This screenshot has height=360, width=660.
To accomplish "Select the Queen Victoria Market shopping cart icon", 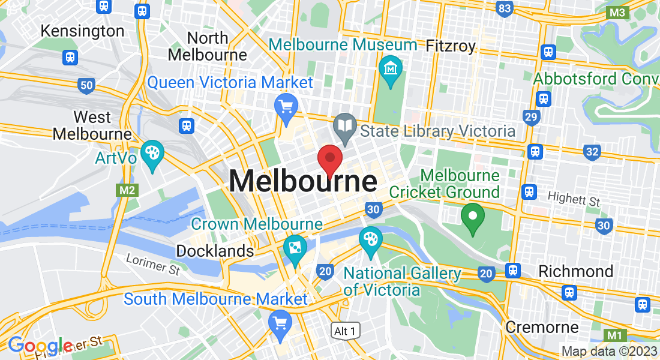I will pyautogui.click(x=286, y=106).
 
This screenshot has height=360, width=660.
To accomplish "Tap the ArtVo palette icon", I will pyautogui.click(x=152, y=154).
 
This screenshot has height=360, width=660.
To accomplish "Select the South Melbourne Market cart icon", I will pyautogui.click(x=280, y=323).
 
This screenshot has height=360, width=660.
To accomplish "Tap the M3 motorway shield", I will pyautogui.click(x=617, y=13).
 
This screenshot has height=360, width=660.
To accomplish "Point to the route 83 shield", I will pyautogui.click(x=505, y=8).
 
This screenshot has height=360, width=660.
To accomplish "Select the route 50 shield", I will pyautogui.click(x=86, y=85).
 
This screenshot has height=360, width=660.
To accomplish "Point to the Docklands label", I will pyautogui.click(x=215, y=250).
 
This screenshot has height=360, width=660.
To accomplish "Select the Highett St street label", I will pyautogui.click(x=574, y=199).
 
